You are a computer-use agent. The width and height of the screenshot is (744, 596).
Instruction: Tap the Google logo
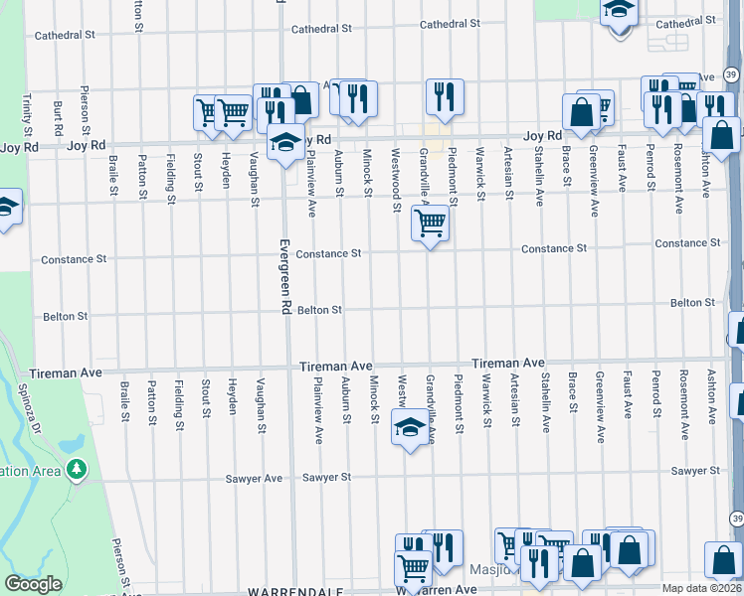coord(33,584)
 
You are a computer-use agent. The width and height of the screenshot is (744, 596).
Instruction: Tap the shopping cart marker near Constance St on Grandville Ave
coord(430,224)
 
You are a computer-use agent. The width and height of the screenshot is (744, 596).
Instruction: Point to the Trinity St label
coord(26,116)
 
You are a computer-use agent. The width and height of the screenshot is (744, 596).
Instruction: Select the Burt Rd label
coord(59,117)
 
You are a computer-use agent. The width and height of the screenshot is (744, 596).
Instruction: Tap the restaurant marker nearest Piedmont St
coord(445,95)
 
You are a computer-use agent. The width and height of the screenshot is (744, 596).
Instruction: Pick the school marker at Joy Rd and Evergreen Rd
coord(285,142)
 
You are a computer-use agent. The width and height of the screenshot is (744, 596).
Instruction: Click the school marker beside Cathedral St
coord(619,11)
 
